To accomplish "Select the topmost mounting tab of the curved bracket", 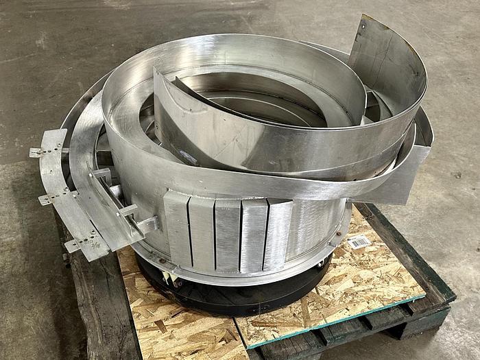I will click(x=40, y=152).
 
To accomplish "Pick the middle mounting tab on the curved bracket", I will click(x=48, y=198).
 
